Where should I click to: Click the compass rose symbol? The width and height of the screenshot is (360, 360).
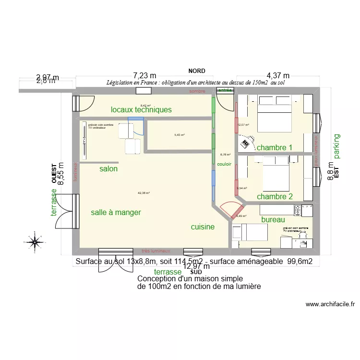coord(35,242)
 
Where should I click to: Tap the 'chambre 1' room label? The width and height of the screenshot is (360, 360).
coord(275,147)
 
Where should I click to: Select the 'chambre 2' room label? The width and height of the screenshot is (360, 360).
coord(275,196)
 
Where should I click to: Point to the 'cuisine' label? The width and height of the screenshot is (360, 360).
coord(203,227)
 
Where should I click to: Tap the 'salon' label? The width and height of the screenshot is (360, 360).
coord(108,169)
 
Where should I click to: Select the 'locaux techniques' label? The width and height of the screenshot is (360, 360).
coord(141,110)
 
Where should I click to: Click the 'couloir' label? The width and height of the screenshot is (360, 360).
coord(224,164)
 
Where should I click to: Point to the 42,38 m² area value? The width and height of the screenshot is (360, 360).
coord(144,193)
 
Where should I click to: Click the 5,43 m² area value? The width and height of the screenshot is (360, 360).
coord(180,135)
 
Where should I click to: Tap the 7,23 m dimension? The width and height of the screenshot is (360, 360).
coord(145,75)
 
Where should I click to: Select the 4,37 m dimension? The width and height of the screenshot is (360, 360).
coord(278,75)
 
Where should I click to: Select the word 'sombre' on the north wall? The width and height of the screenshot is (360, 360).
coord(197,91)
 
